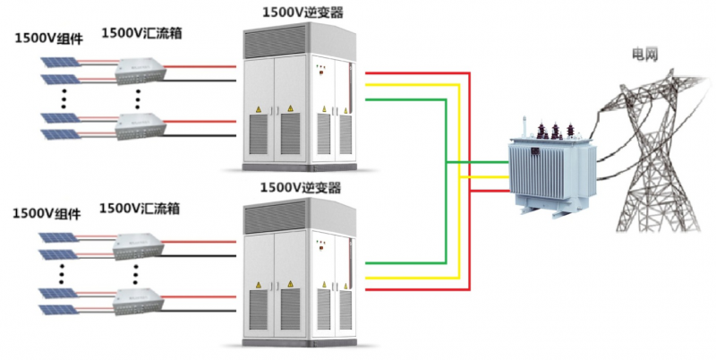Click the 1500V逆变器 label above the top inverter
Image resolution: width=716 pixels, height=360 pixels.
(x=302, y=13)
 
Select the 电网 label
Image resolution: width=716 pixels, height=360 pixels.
(x=644, y=56)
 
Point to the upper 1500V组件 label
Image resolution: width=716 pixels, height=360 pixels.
(x=47, y=39)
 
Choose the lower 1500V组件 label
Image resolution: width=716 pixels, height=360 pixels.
(x=47, y=214)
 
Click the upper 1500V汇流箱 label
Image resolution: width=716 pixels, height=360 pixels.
(x=142, y=33)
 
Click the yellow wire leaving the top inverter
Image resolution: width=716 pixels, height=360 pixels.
(x=412, y=86)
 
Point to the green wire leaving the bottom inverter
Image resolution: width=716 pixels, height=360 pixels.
(x=403, y=263)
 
